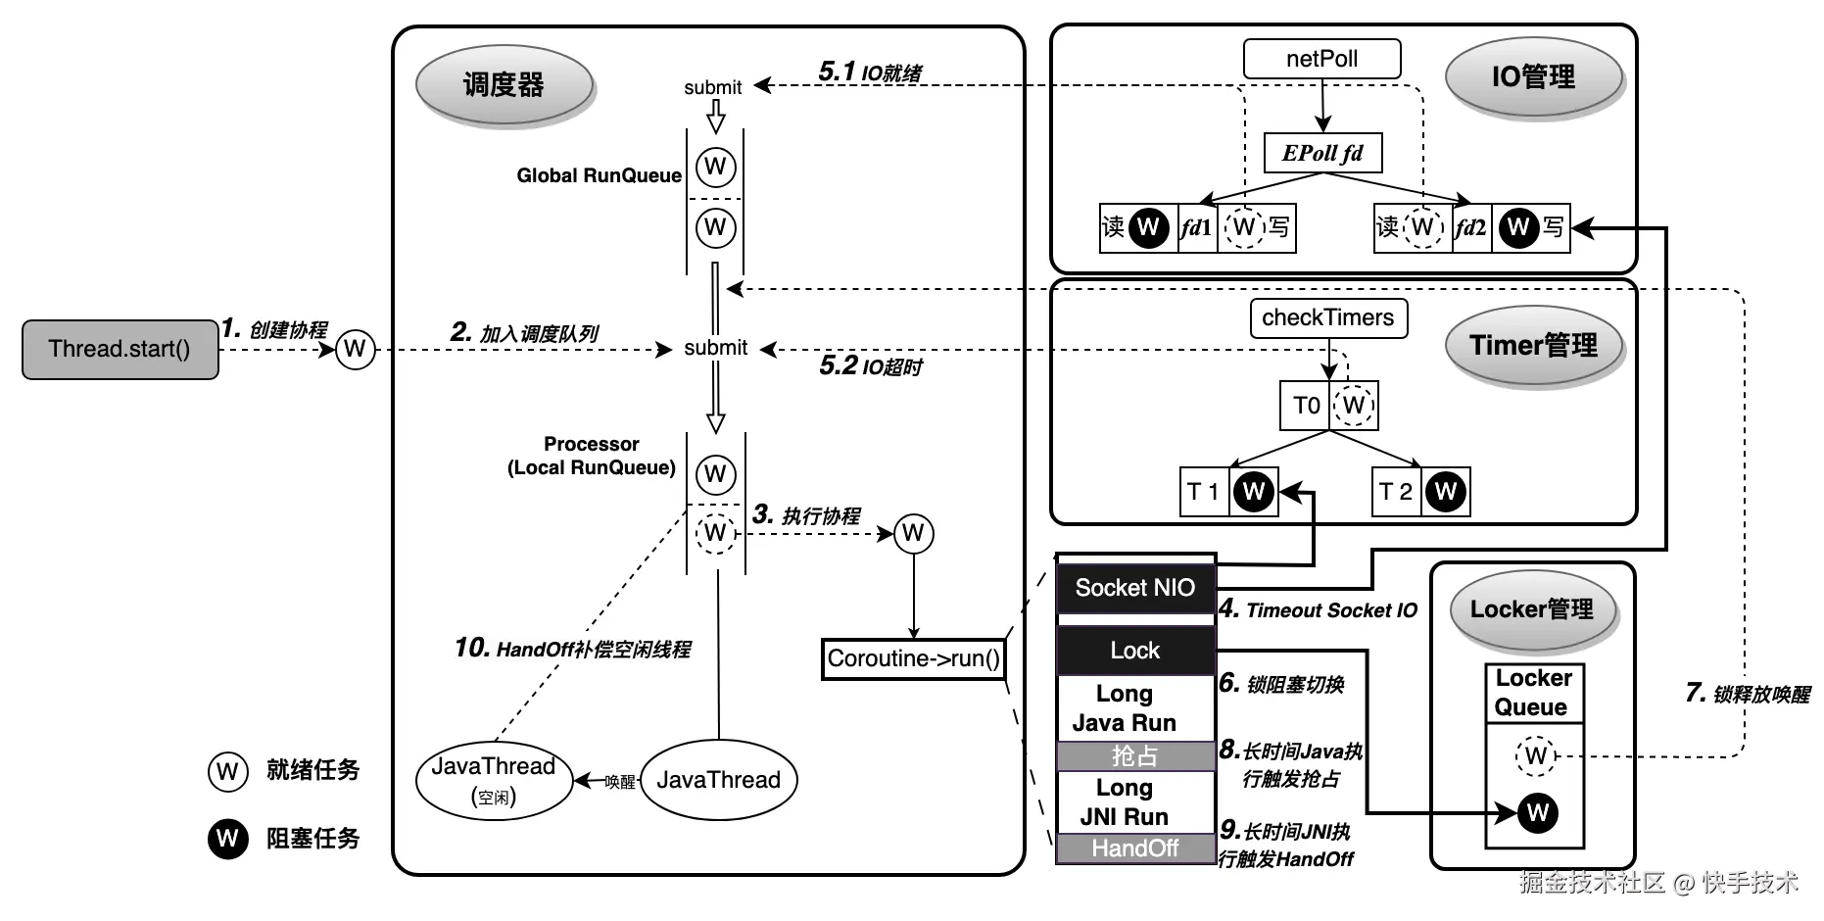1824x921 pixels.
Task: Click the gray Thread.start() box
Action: point(120,349)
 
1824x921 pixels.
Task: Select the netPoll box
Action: point(1321,59)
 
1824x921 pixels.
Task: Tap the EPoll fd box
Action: point(1322,153)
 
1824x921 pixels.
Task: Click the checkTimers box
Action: point(1327,317)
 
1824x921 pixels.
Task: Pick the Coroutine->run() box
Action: point(913,658)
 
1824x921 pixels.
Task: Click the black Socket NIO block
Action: point(1135,588)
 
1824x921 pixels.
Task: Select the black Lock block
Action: point(1135,651)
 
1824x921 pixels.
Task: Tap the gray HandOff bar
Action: point(1135,848)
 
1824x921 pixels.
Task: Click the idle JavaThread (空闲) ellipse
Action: point(494,780)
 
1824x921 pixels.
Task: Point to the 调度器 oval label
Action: point(504,85)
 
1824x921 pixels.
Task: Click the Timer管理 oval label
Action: point(1533,345)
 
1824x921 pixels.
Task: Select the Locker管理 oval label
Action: point(1531,609)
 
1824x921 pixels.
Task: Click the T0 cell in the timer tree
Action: point(1306,406)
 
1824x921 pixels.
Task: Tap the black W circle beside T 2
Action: point(1446,491)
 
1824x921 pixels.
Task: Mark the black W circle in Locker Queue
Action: point(1537,812)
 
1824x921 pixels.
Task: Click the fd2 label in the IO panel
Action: point(1470,228)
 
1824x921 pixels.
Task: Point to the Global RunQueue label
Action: point(599,176)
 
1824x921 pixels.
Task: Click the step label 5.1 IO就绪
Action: point(870,73)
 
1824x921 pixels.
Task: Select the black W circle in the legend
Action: point(227,839)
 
